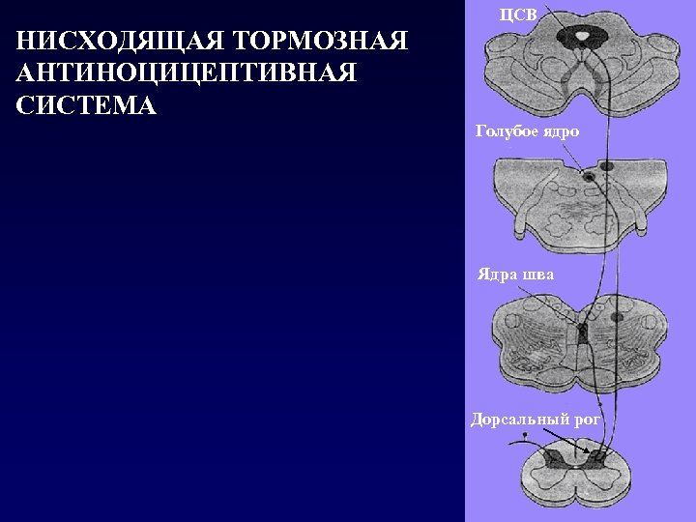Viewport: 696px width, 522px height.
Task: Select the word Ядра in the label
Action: pyautogui.click(x=498, y=275)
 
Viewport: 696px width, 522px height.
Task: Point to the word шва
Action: pyautogui.click(x=538, y=275)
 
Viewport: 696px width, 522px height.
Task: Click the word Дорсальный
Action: pyautogui.click(x=517, y=419)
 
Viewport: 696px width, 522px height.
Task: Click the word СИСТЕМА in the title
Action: pyautogui.click(x=86, y=105)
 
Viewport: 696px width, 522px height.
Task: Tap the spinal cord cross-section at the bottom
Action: pyautogui.click(x=580, y=478)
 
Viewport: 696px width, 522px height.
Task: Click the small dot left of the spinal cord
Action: pyautogui.click(x=524, y=436)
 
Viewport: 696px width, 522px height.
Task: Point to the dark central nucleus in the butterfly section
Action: pyautogui.click(x=582, y=334)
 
